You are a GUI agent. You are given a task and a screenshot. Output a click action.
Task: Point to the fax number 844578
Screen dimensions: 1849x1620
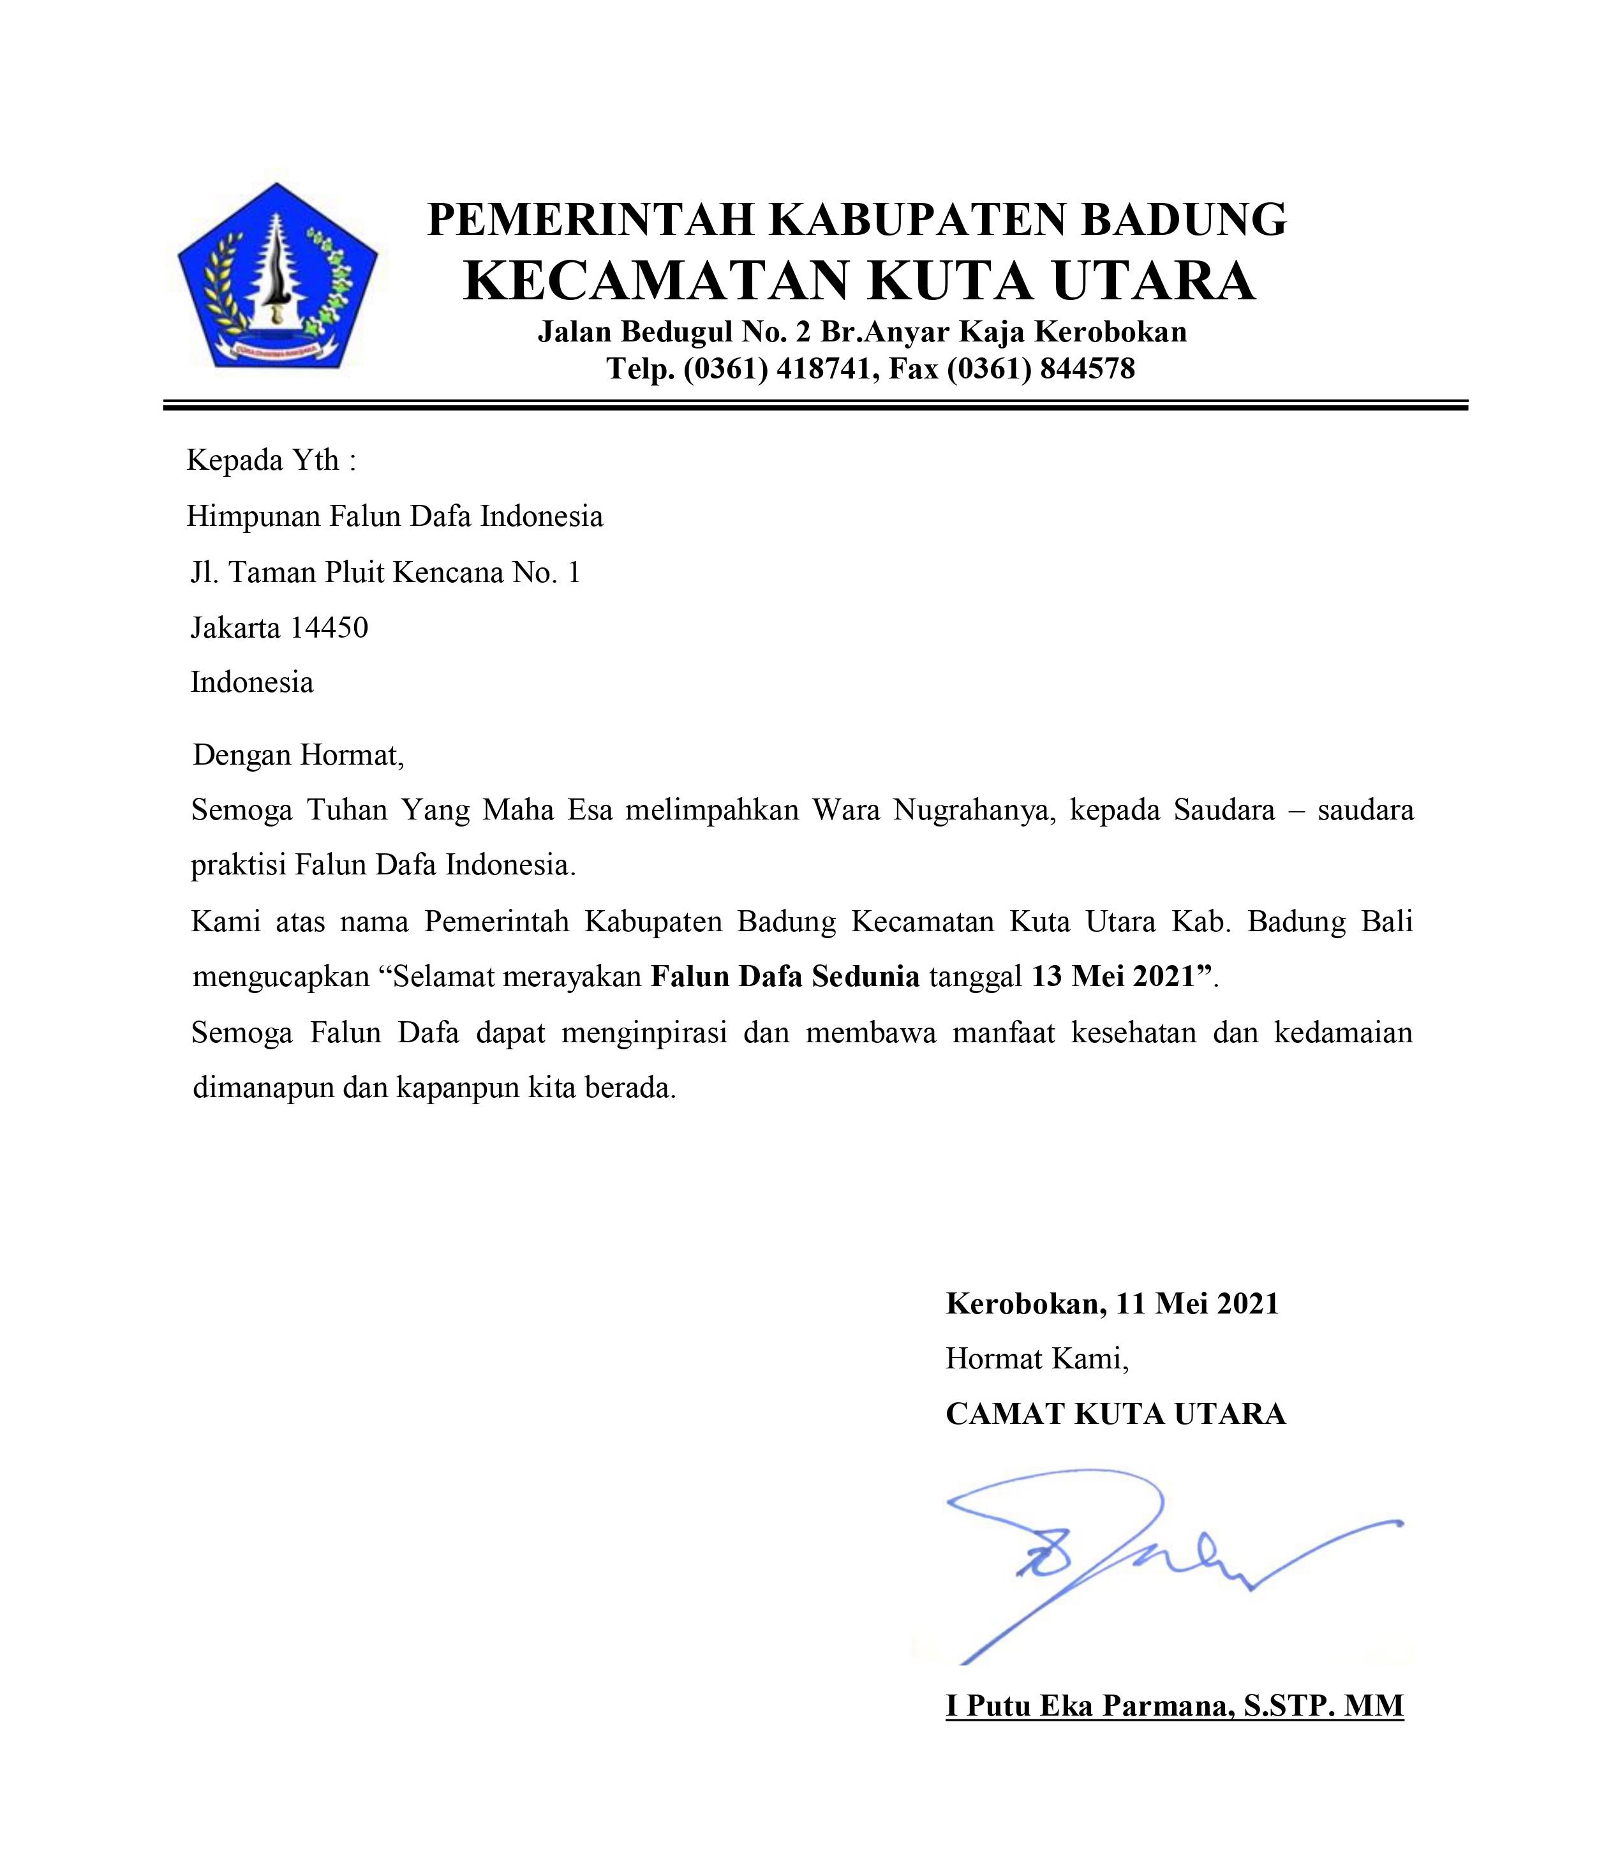tap(1087, 369)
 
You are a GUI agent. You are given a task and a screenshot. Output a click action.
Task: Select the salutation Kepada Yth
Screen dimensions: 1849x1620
tap(271, 460)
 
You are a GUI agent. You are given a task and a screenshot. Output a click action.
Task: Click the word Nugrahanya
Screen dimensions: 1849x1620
tap(974, 809)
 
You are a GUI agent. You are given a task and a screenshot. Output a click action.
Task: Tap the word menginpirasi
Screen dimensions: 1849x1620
tap(644, 1031)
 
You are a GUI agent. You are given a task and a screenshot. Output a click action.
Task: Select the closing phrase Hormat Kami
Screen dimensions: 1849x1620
tap(1037, 1358)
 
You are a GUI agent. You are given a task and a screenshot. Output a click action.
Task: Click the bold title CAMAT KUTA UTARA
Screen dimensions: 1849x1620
tap(1115, 1413)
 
